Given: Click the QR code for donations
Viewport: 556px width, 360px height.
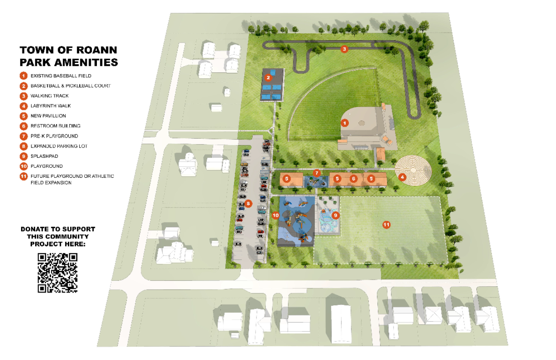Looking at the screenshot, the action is pyautogui.click(x=58, y=273).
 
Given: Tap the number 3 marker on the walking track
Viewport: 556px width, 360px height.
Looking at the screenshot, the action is pyautogui.click(x=343, y=49).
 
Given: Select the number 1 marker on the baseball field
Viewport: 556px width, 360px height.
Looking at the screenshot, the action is pyautogui.click(x=344, y=123).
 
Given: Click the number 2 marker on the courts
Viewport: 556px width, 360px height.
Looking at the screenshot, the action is pyautogui.click(x=268, y=77).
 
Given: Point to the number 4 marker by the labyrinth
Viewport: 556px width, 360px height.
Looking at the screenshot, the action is pyautogui.click(x=401, y=177).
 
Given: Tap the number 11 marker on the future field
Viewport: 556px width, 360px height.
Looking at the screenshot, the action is pyautogui.click(x=386, y=225).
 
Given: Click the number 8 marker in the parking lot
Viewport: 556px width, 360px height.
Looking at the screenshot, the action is pyautogui.click(x=248, y=203).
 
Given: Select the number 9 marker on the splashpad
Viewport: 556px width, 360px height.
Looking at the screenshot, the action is pyautogui.click(x=336, y=215).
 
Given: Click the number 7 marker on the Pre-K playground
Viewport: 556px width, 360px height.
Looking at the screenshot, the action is pyautogui.click(x=317, y=172).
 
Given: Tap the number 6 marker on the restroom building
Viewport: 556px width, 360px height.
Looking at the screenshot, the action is pyautogui.click(x=353, y=179).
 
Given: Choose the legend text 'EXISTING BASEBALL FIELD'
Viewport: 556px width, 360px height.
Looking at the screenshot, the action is pyautogui.click(x=60, y=76).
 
